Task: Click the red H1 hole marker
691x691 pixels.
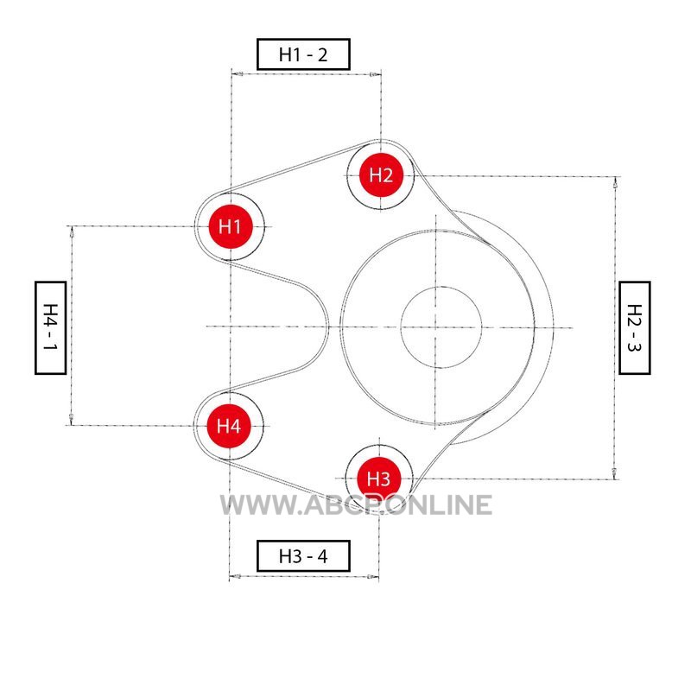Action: (230, 226)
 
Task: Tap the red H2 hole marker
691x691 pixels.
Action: (381, 175)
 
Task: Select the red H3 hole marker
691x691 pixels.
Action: (378, 478)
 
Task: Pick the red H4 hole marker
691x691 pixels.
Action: (229, 425)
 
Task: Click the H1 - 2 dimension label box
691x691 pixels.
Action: (302, 54)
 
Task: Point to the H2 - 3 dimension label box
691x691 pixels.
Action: (635, 327)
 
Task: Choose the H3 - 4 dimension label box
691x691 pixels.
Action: (302, 555)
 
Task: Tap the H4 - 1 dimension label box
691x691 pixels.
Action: (50, 327)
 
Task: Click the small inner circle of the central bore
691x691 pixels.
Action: (441, 327)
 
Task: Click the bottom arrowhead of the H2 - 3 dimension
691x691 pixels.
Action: (614, 472)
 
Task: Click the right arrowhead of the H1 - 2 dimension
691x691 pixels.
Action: (374, 74)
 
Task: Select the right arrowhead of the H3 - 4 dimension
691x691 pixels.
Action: (373, 576)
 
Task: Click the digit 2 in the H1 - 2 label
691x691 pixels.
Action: (322, 54)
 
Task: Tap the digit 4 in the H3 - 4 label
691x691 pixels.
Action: (323, 555)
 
